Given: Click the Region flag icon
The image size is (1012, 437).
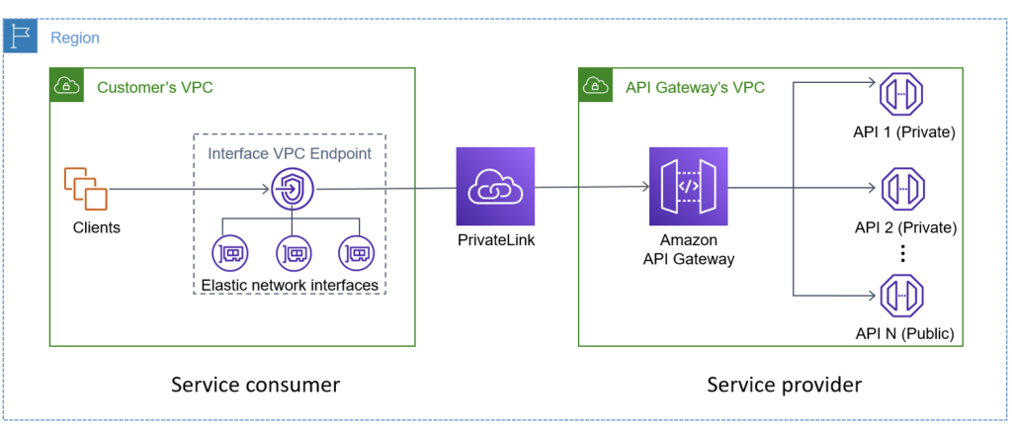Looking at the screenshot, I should (21, 38).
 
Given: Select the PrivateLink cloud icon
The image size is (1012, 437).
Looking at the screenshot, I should (495, 187).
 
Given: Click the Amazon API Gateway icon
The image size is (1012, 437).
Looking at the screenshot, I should (688, 187).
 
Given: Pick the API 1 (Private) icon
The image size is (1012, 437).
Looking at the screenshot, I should (900, 95).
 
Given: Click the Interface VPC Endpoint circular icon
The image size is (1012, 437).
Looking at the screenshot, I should (293, 188).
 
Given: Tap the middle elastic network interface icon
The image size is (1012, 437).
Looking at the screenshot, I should (293, 253).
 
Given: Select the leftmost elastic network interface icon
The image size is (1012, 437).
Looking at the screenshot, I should (230, 253).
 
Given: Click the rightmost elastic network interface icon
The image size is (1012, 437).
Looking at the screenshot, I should (355, 253).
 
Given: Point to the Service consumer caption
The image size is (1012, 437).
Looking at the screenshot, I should (255, 384).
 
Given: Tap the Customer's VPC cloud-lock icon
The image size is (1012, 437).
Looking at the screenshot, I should (67, 86).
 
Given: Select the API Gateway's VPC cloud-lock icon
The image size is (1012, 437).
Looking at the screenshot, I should (596, 86).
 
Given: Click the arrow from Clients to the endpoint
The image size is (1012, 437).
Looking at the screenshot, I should (188, 189).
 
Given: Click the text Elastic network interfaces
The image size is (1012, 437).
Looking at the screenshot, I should (290, 285).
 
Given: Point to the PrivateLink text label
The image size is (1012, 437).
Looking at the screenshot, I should (495, 239).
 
